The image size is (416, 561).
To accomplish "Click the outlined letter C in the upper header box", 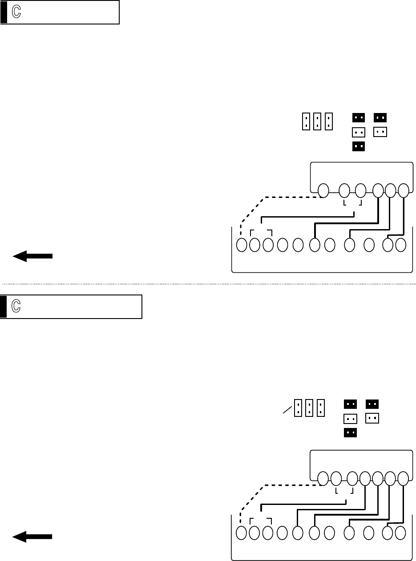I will coord(16,12).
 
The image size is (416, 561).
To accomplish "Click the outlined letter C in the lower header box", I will coord(16,306).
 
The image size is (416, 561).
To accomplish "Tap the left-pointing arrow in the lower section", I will coord(32,537).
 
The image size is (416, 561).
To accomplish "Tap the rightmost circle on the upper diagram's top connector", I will coord(403,190).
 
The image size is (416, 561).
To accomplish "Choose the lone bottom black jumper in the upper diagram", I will coord(359,146).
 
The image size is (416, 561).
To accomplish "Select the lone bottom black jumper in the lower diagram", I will coord(350,432).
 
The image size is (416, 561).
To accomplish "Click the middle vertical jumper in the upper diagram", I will coord(317,121).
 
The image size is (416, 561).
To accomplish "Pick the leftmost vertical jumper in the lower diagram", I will coord(298,408).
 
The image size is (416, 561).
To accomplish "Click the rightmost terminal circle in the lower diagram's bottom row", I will coord(400,533).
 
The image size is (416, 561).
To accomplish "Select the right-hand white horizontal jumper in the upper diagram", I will coord(380,132).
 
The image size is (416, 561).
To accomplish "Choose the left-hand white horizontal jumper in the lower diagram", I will coord(350,419).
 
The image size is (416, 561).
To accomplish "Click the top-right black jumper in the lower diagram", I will coord(372,404).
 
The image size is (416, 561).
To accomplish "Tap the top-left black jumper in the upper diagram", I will coord(359,118).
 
